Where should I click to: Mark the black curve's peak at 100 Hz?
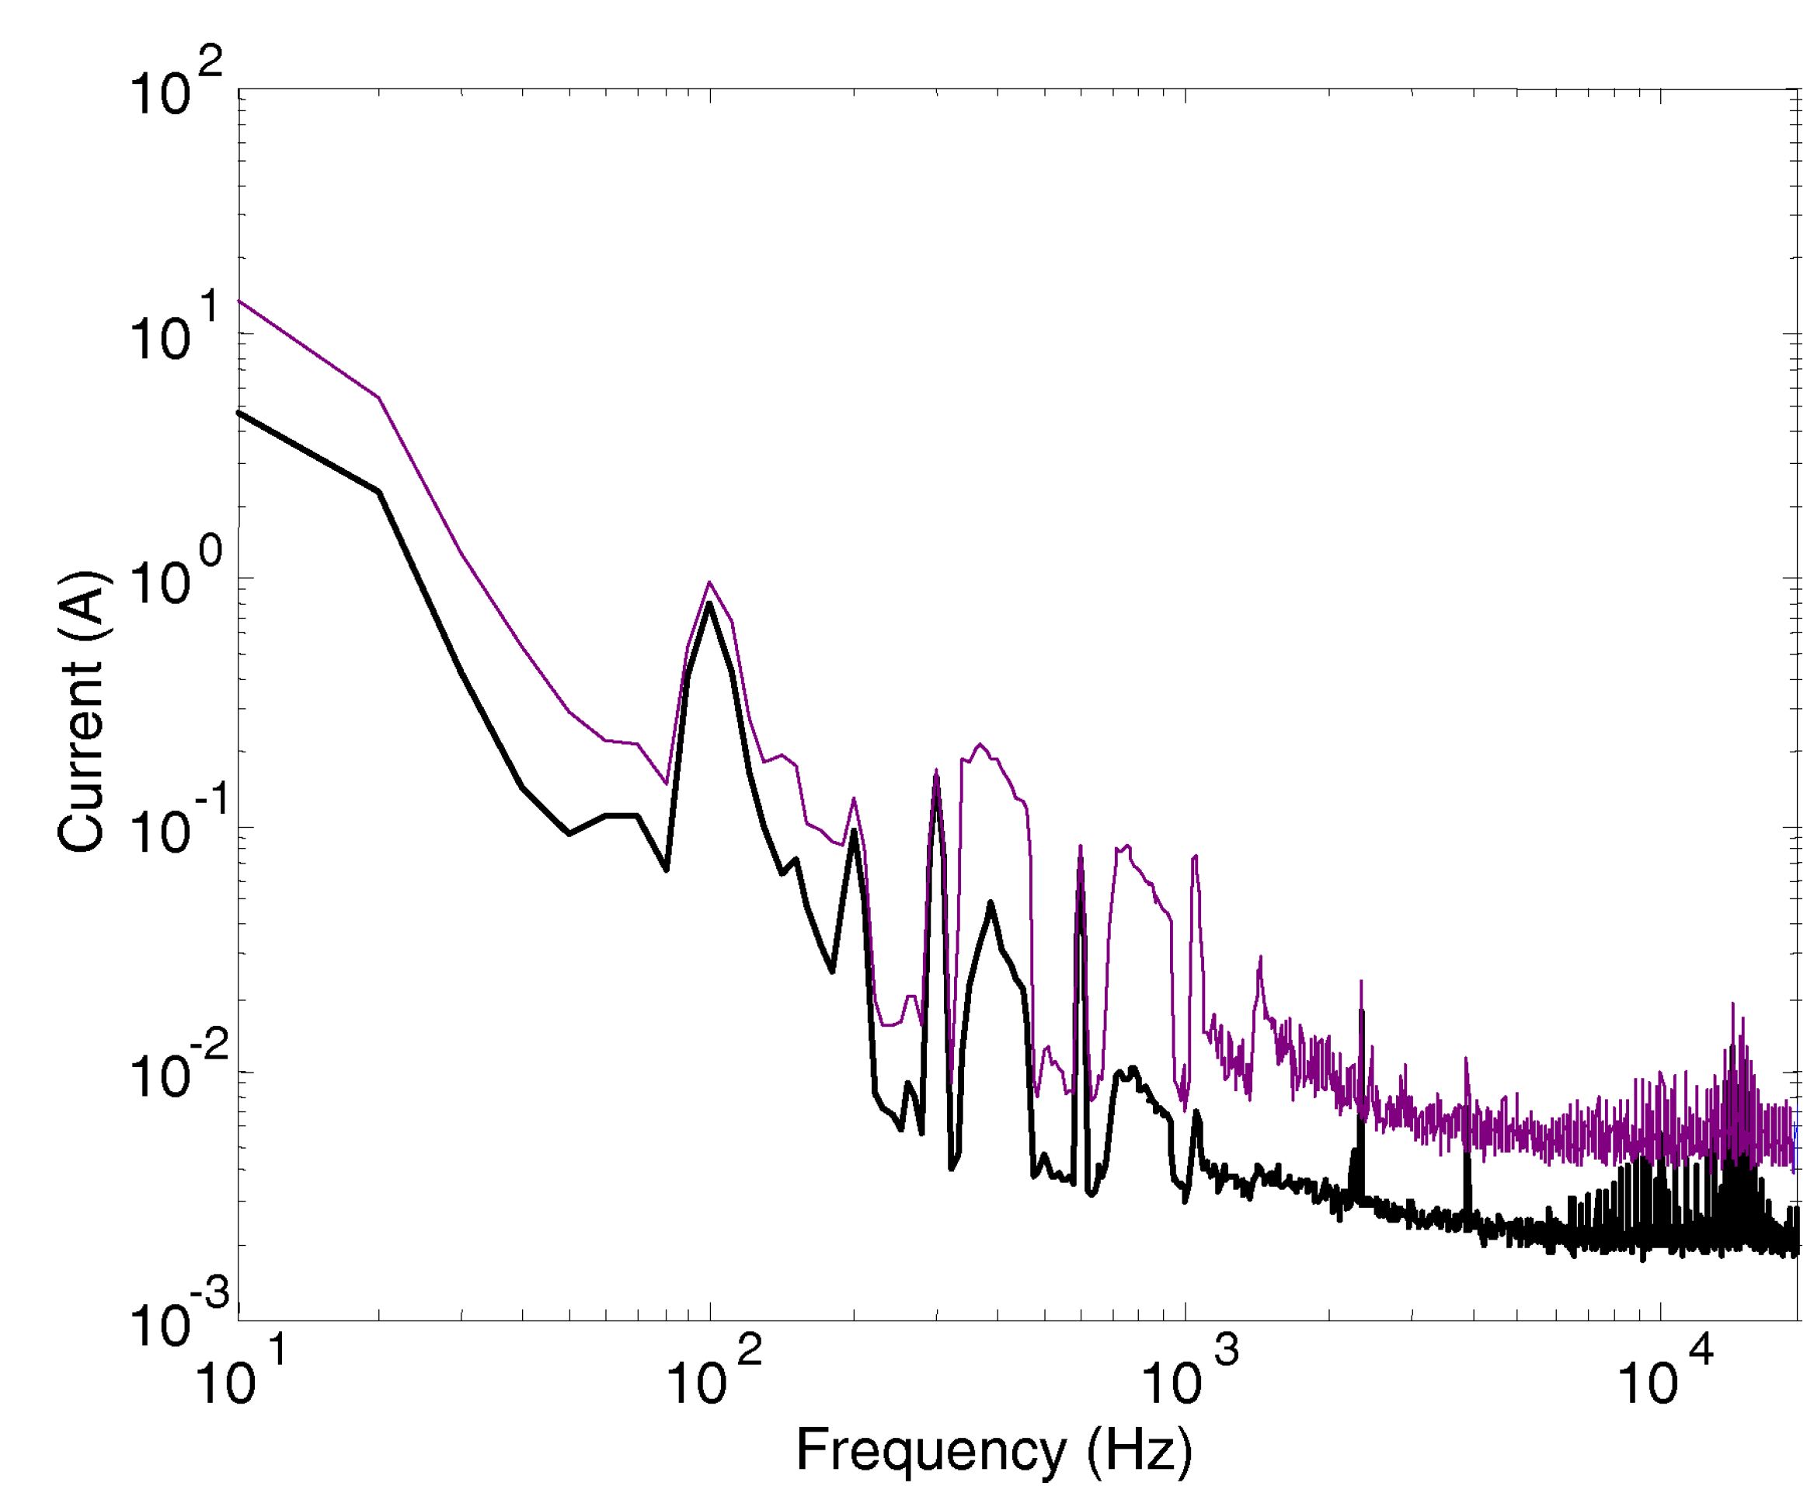(709, 603)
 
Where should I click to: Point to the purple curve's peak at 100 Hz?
(709, 582)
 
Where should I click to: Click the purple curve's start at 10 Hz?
(240, 301)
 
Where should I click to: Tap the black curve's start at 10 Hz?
(240, 413)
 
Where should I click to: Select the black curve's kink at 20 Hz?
(379, 492)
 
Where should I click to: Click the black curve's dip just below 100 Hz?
(666, 868)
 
